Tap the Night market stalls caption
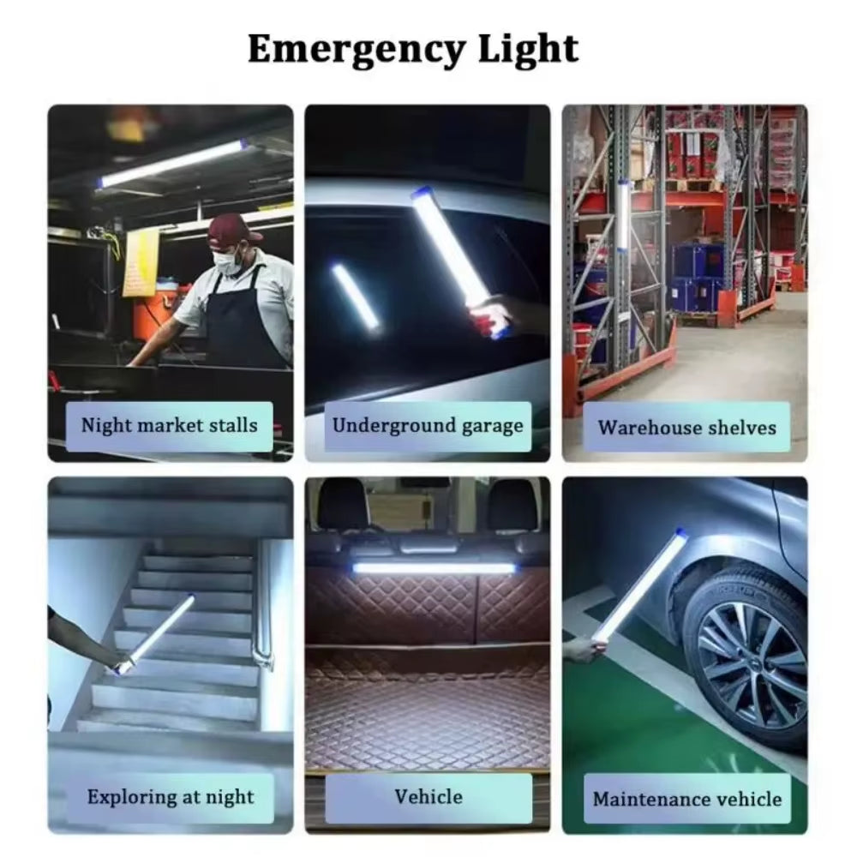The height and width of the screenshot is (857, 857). tap(169, 425)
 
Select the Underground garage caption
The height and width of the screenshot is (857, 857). tap(428, 426)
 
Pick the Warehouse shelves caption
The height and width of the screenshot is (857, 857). tap(686, 428)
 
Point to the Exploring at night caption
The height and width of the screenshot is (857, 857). tap(171, 797)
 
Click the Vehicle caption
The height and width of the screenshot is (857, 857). tap(428, 796)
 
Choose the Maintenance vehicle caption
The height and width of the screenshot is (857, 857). tap(686, 799)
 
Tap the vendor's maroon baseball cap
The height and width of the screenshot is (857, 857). tap(232, 229)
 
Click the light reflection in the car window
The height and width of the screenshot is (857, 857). tap(356, 296)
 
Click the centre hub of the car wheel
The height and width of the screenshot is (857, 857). tap(744, 657)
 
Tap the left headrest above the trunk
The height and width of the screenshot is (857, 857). tap(343, 506)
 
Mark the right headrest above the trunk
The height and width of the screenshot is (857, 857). tap(513, 505)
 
